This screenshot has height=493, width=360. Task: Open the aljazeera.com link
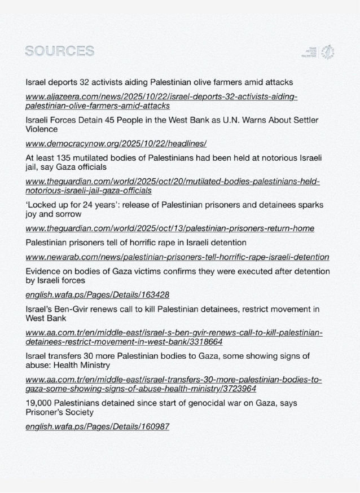pyautogui.click(x=161, y=101)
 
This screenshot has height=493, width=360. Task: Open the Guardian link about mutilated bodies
pyautogui.click(x=173, y=186)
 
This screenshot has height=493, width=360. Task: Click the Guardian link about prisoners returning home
pyautogui.click(x=170, y=228)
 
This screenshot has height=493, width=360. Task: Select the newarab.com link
pyautogui.click(x=177, y=257)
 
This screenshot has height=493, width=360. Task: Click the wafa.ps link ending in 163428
pyautogui.click(x=98, y=294)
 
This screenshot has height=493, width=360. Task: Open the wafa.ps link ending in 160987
pyautogui.click(x=98, y=427)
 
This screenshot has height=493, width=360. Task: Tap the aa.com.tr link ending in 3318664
pyautogui.click(x=174, y=337)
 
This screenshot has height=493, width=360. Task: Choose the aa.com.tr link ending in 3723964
pyautogui.click(x=174, y=384)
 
